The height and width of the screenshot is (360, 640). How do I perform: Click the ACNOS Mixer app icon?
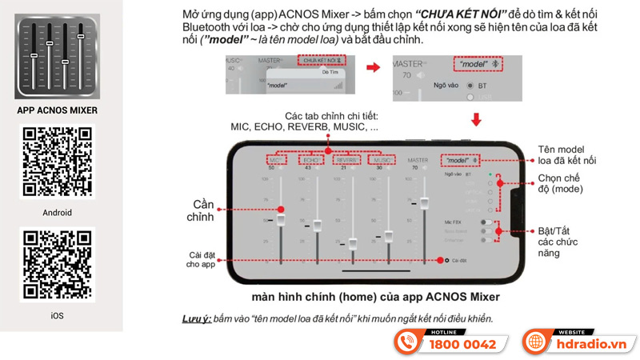57,58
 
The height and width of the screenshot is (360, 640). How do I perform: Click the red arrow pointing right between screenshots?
373,67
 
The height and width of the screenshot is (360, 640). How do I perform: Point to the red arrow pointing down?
477,120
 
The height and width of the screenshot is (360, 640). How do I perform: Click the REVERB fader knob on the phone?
353,241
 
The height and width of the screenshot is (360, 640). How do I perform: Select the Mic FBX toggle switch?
486,222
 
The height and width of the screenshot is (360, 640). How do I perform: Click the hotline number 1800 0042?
463,345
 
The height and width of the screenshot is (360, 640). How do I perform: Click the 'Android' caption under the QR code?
58,213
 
